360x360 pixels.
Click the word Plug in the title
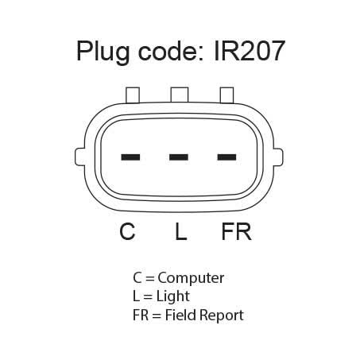[103, 52]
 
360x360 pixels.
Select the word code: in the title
[171, 51]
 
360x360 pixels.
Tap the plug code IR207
[250, 51]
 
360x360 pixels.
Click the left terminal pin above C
[130, 157]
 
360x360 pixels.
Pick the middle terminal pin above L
[179, 157]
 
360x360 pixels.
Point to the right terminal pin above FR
[226, 157]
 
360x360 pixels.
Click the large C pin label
[127, 231]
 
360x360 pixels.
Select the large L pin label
[181, 231]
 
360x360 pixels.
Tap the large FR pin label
[236, 231]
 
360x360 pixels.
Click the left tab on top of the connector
[133, 95]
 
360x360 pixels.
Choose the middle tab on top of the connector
[180, 95]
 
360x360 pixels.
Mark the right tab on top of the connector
[227, 95]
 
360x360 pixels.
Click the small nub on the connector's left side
[80, 157]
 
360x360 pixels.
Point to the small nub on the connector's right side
[278, 157]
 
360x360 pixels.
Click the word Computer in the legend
[191, 279]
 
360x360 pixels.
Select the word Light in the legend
[173, 296]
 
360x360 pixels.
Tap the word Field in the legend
[181, 315]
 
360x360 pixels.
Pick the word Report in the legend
[222, 315]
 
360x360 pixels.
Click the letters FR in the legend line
[141, 315]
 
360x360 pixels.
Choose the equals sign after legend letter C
[150, 279]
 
